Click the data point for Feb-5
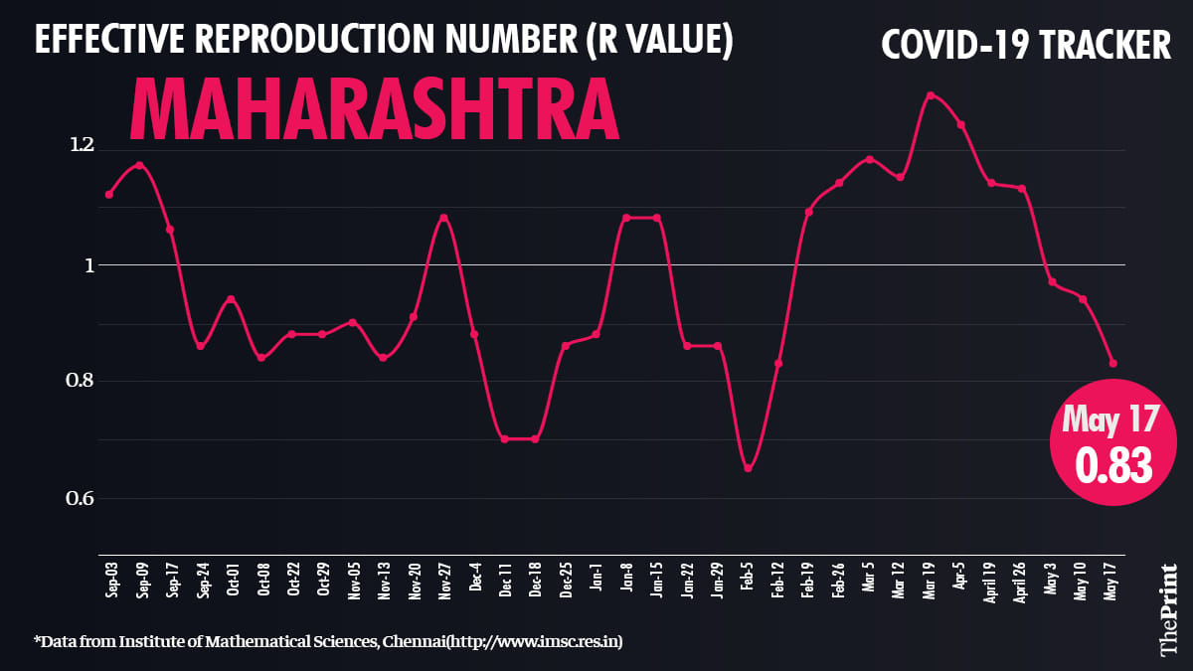tap(748, 468)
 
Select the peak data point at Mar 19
tap(931, 95)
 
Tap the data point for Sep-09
tap(139, 165)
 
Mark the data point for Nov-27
tap(443, 217)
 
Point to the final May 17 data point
tap(1113, 364)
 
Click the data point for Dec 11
tap(504, 438)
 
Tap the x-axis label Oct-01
tap(232, 579)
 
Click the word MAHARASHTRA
tap(375, 107)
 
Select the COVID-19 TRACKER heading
tap(1026, 45)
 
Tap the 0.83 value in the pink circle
tap(1110, 465)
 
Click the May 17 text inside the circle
tap(1110, 419)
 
